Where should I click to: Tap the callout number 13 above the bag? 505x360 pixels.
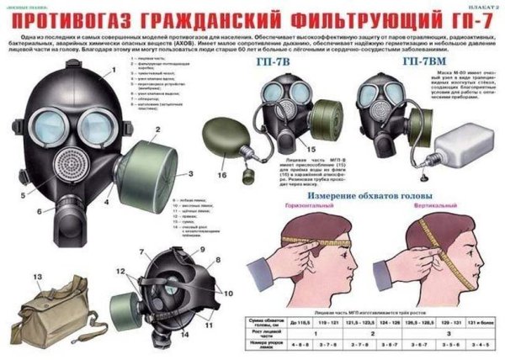pos(37,276)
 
